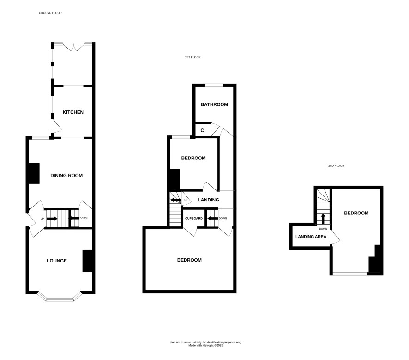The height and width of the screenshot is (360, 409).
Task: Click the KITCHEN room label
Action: coord(73,112)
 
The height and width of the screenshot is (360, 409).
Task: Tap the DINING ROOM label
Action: coord(66,176)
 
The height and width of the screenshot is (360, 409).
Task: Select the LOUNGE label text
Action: coord(57,261)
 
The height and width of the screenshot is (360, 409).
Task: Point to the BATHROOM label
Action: coord(214,104)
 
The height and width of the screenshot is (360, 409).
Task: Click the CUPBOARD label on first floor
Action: coord(194,218)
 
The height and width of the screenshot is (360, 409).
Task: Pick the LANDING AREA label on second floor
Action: coord(311,237)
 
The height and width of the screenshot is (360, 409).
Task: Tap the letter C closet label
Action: coord(202,130)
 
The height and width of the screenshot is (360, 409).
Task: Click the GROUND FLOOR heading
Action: coord(50,13)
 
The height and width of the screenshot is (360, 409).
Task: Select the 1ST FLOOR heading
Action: coord(193,57)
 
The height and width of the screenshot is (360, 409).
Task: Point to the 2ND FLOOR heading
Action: coord(336,165)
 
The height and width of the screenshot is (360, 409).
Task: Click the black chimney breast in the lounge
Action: coord(87,261)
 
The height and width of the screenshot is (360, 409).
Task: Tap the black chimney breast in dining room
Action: coord(34,173)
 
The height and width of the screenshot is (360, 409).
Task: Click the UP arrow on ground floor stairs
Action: coord(52,219)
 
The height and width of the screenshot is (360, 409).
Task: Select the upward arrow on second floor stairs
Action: coord(323,219)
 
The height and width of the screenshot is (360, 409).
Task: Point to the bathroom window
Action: coord(214,85)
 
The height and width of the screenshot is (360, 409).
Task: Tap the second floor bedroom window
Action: coord(350,274)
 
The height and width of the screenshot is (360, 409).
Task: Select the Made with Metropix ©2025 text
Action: coord(206,345)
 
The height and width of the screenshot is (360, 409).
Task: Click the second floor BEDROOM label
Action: coord(356,213)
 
